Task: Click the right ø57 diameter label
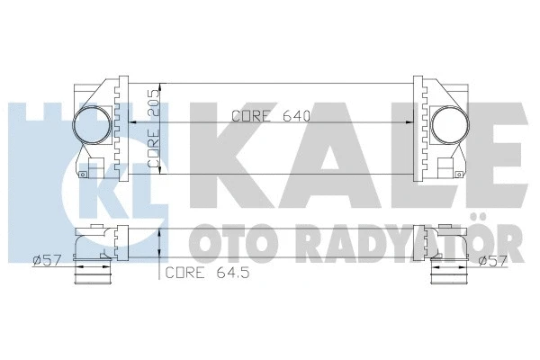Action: pyautogui.click(x=495, y=261)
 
